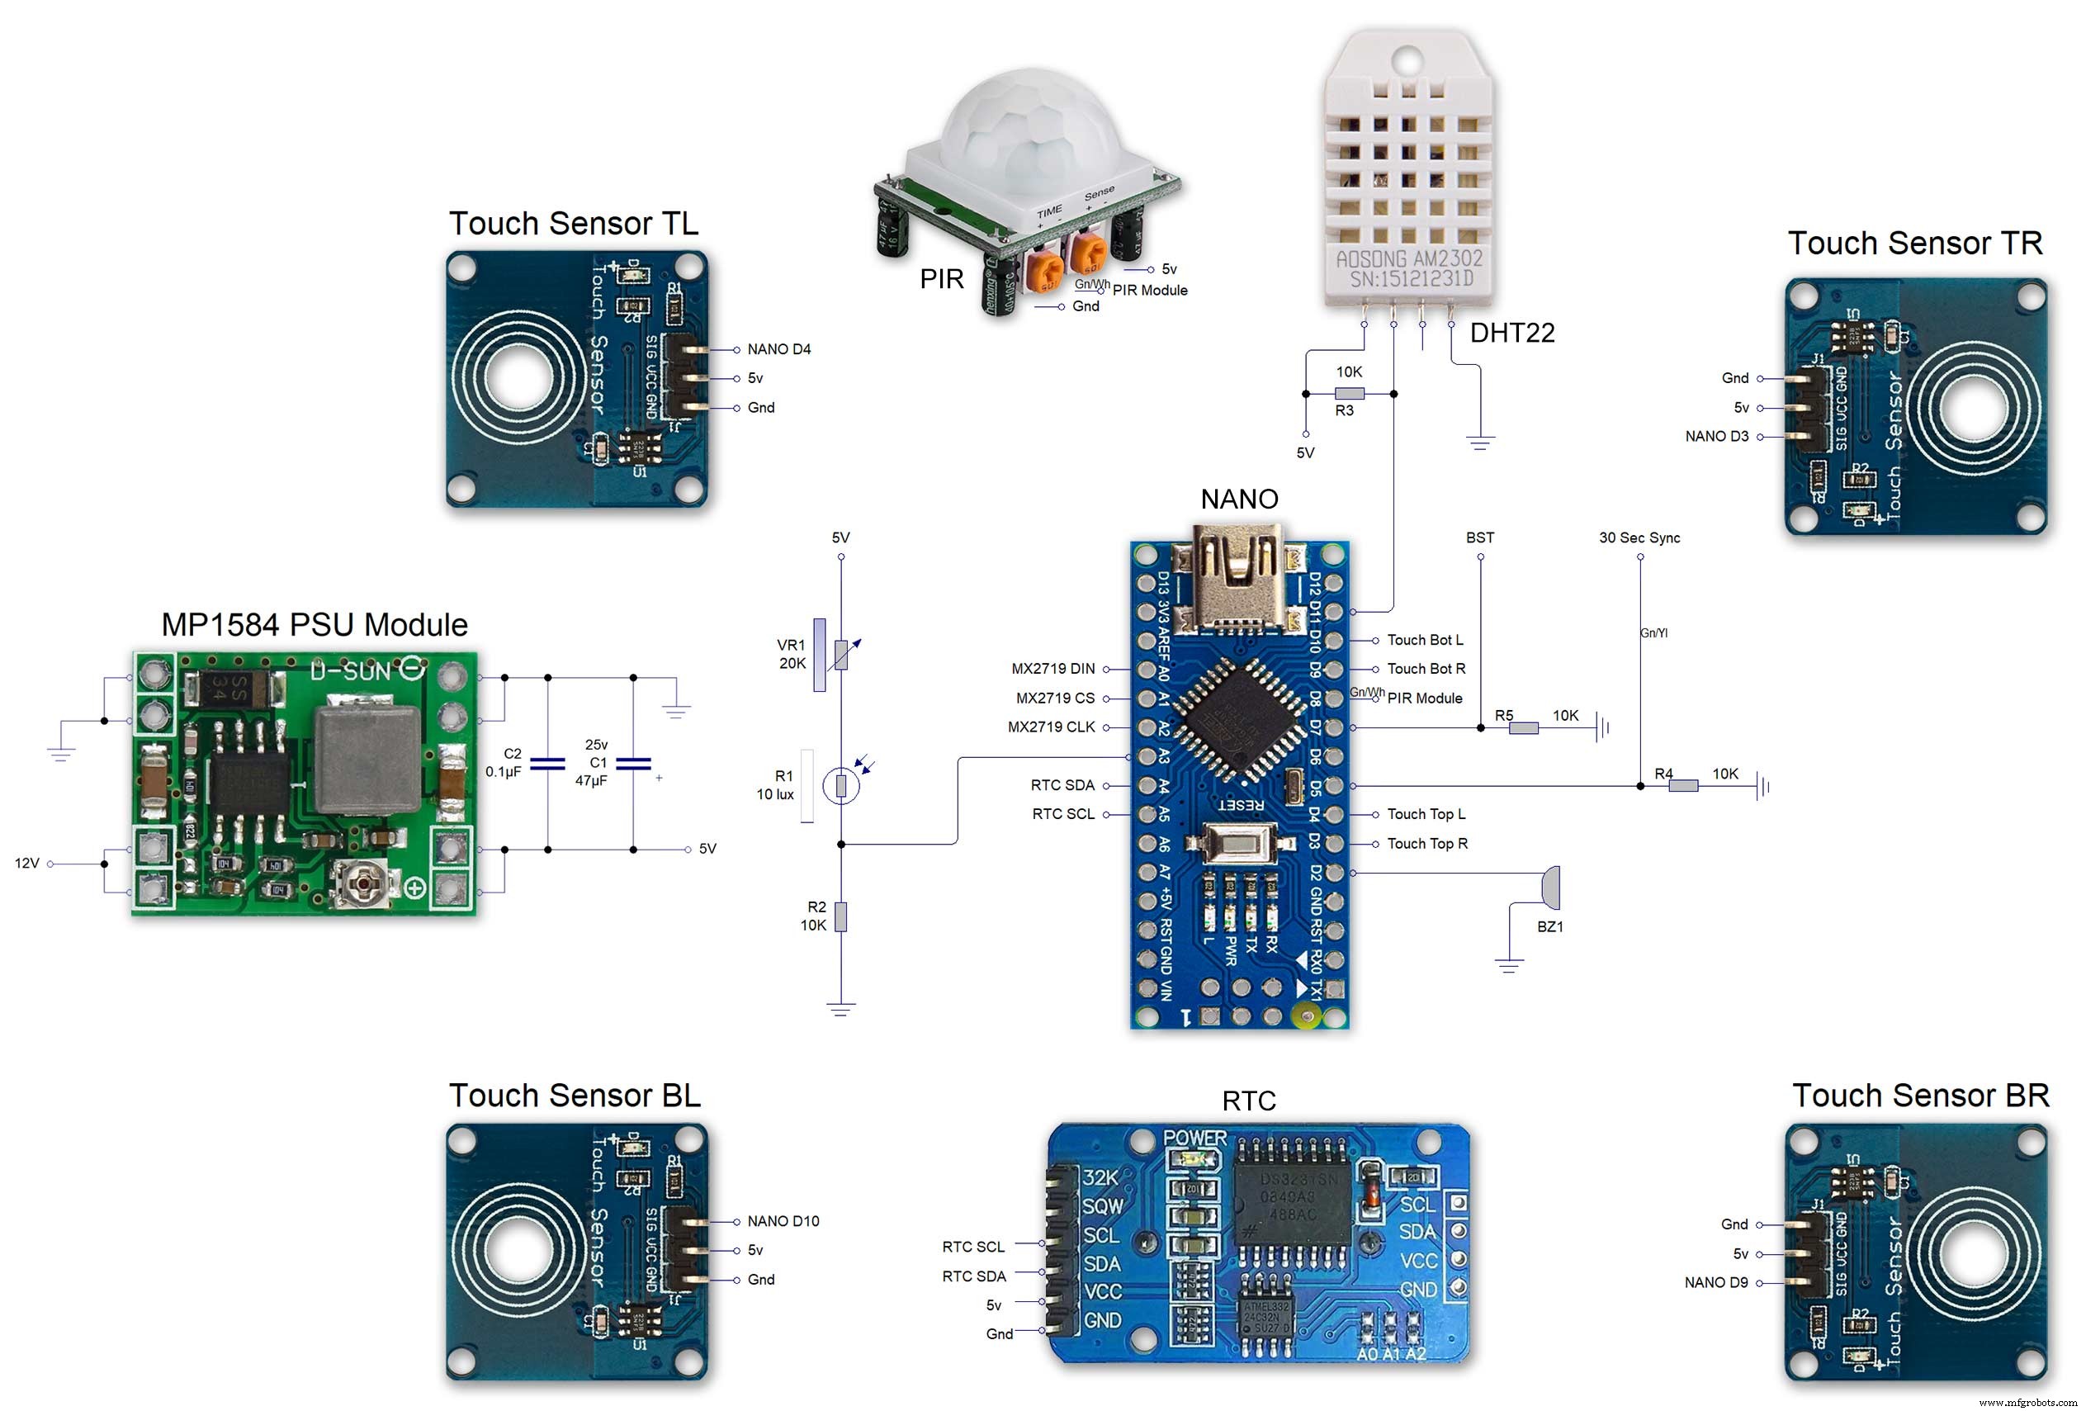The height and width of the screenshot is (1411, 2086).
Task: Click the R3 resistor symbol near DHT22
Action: pyautogui.click(x=1349, y=393)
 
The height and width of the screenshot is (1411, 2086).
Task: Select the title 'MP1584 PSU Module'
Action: pyautogui.click(x=315, y=625)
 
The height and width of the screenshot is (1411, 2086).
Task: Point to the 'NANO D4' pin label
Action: pyautogui.click(x=778, y=349)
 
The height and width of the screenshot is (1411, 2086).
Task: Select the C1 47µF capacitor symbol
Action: pyautogui.click(x=633, y=764)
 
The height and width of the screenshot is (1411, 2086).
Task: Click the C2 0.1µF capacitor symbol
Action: pyautogui.click(x=547, y=764)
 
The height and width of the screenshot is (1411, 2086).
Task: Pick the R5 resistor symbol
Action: pyautogui.click(x=1522, y=728)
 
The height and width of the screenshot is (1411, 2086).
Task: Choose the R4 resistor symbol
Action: pyautogui.click(x=1682, y=786)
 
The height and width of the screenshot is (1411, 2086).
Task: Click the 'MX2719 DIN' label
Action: pyautogui.click(x=1052, y=669)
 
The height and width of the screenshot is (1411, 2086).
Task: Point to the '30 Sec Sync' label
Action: pyautogui.click(x=1639, y=537)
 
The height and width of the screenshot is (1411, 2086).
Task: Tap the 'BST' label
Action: pyautogui.click(x=1479, y=537)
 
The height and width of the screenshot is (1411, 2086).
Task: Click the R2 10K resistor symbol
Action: pyautogui.click(x=840, y=916)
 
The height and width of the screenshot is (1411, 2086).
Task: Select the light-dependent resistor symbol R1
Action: pyautogui.click(x=840, y=786)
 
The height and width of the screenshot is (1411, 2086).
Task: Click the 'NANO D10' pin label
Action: pyautogui.click(x=783, y=1221)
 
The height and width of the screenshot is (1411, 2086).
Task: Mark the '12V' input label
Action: pyautogui.click(x=27, y=864)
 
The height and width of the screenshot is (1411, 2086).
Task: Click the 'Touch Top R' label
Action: pyautogui.click(x=1427, y=844)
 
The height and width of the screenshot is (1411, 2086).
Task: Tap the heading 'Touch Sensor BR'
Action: pyautogui.click(x=1921, y=1096)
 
